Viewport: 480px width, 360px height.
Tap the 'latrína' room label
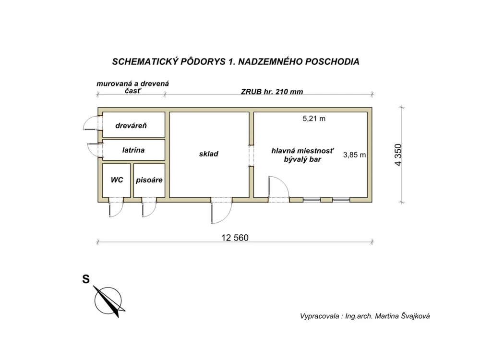(133, 150)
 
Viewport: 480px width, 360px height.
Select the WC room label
(117, 180)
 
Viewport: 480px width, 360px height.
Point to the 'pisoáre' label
(149, 180)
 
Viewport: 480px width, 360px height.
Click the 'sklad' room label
(209, 154)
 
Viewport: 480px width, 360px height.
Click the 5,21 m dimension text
(314, 119)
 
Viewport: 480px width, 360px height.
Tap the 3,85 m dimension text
(355, 155)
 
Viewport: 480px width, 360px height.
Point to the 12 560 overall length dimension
(235, 237)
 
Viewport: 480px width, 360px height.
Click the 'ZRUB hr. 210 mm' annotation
(272, 92)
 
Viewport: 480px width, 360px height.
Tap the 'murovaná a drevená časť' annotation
(132, 87)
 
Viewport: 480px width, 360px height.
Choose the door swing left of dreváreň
(91, 123)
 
